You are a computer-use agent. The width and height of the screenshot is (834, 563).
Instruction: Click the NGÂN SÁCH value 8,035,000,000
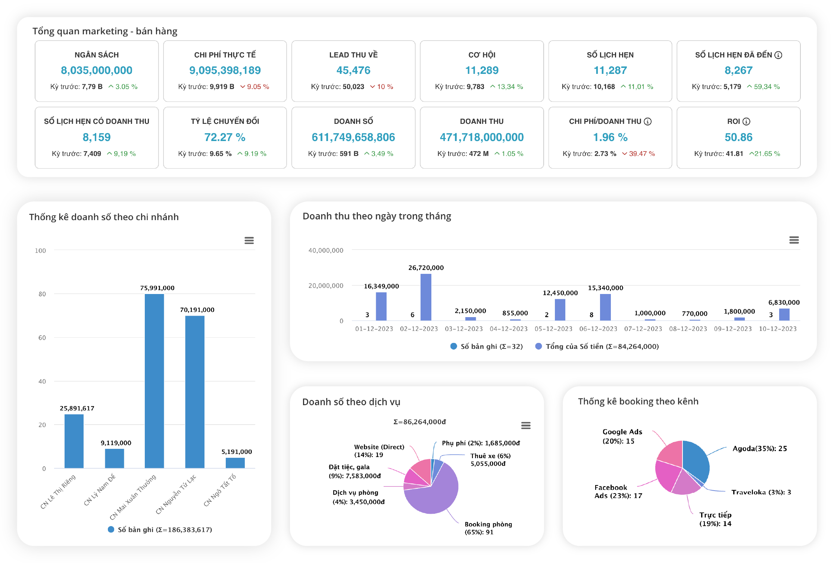pyautogui.click(x=97, y=71)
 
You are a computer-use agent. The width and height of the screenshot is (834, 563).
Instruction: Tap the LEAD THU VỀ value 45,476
pyautogui.click(x=353, y=71)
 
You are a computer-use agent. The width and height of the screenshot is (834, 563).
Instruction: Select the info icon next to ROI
pyautogui.click(x=746, y=122)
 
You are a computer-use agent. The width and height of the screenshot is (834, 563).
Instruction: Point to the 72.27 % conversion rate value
pyautogui.click(x=225, y=137)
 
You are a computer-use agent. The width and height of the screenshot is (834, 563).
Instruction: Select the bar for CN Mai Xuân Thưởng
pyautogui.click(x=154, y=381)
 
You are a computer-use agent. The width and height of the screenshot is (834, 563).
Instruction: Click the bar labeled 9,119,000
pyautogui.click(x=114, y=458)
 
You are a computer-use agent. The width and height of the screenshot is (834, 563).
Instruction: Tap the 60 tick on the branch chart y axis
pyautogui.click(x=42, y=338)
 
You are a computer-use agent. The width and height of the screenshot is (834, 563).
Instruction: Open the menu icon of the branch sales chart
pyautogui.click(x=249, y=241)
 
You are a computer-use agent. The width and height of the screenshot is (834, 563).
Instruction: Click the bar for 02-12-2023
pyautogui.click(x=426, y=297)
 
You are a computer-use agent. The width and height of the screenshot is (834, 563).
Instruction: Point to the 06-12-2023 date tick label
pyautogui.click(x=598, y=329)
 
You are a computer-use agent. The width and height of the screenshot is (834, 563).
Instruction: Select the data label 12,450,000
pyautogui.click(x=560, y=293)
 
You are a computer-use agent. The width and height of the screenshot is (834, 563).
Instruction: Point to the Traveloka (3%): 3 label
pyautogui.click(x=761, y=492)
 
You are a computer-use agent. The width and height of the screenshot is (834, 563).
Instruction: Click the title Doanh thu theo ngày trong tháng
pyautogui.click(x=377, y=216)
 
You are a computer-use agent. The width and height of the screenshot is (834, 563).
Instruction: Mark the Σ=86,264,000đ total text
pyautogui.click(x=419, y=422)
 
